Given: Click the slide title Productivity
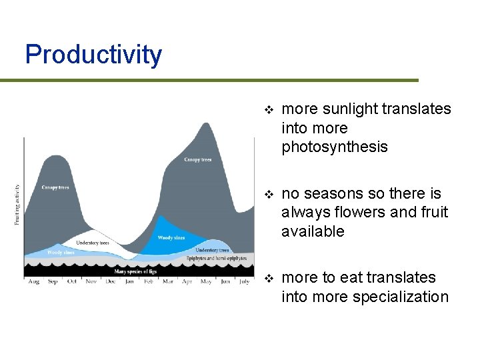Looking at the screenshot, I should tap(93, 55).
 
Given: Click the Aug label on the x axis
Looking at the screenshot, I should tap(33, 282).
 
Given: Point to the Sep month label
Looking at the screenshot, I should tap(53, 282).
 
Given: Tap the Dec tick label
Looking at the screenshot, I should tap(110, 282).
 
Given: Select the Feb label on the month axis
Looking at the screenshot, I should tap(148, 282).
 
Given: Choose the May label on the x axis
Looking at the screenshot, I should tap(206, 282).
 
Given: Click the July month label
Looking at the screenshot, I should tap(244, 282).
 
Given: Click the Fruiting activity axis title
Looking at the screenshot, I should tap(17, 205).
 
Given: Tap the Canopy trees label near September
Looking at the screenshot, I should tap(55, 187).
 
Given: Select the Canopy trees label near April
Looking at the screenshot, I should tap(198, 160).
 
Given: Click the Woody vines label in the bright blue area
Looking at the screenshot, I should tap(171, 237).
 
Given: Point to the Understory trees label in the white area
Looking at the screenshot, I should tap(93, 243).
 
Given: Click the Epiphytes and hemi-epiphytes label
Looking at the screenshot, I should tap(217, 258).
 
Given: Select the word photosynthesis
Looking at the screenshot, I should tap(335, 147).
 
